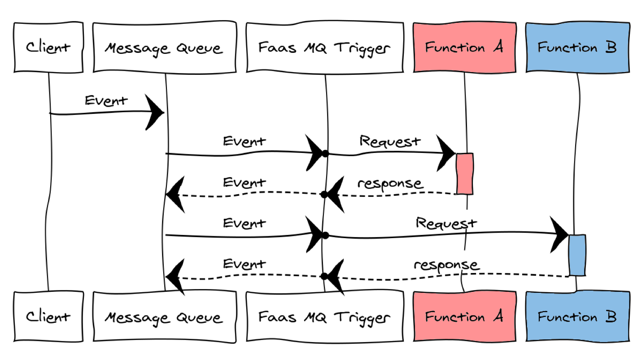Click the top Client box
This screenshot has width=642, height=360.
pos(48,48)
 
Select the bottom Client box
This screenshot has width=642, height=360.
pos(48,317)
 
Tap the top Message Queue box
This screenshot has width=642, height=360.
pos(164,48)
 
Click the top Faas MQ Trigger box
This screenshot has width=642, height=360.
pos(324,48)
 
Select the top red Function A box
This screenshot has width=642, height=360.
pos(464,48)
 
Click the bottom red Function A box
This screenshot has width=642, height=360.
pos(464,317)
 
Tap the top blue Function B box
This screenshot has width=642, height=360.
pos(577,48)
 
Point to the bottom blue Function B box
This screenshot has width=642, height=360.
pos(577,317)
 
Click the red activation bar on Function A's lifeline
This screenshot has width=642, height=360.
pos(465,173)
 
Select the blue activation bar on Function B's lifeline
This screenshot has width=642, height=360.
pos(577,255)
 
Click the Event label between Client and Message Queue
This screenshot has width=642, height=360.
pos(106,100)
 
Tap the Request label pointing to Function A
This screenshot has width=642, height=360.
pos(390,141)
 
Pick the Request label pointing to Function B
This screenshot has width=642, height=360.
pos(446,223)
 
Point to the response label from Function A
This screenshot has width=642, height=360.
pos(390,183)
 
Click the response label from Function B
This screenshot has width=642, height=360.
pos(446,264)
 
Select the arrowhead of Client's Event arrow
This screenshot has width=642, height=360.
pos(155,112)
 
